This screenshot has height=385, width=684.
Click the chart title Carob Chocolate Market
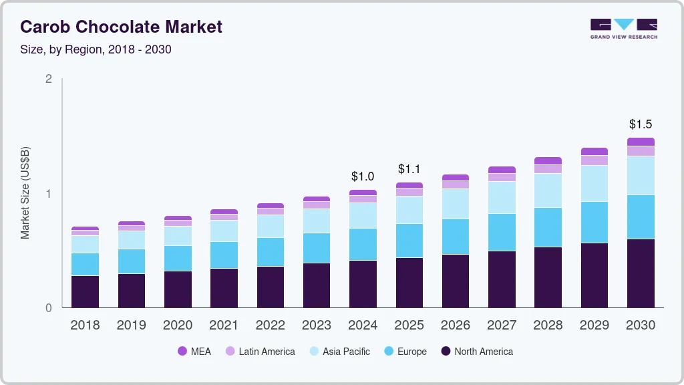[x=121, y=27]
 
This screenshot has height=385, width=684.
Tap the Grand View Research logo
[x=623, y=28]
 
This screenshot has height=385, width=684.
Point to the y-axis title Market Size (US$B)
[x=25, y=194]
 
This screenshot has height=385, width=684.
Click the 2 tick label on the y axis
[x=48, y=79]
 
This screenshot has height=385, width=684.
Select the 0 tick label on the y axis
[x=48, y=308]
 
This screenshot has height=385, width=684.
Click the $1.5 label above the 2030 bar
[x=641, y=124]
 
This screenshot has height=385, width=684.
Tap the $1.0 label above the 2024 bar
[x=363, y=176]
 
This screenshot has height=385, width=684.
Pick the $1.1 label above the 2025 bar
[x=409, y=169]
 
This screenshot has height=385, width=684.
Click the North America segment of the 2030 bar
[x=641, y=273]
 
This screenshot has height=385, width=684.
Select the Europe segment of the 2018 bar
[x=85, y=264]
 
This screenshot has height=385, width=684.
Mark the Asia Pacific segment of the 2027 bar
[x=502, y=197]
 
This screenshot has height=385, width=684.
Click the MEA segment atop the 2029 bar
[x=594, y=152]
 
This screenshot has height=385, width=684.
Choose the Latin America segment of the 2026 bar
[x=456, y=184]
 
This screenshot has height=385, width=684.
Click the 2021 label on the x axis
[x=224, y=325]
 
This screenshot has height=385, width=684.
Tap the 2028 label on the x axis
[x=548, y=325]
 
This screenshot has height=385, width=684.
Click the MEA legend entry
[x=194, y=351]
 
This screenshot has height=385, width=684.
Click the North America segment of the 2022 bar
[x=270, y=287]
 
